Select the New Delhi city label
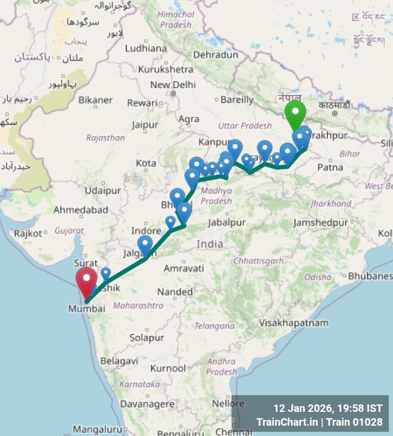[173, 84]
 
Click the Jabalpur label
[226, 222]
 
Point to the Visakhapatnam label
[293, 323]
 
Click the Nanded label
[175, 292]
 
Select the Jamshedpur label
[321, 222]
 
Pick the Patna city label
[330, 167]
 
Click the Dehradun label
[215, 55]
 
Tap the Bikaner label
[96, 100]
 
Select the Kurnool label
[168, 368]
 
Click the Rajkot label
[29, 233]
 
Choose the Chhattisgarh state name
[259, 260]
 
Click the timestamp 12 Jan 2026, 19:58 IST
[327, 408]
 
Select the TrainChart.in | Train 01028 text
[319, 422]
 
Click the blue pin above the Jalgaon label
[145, 244]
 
